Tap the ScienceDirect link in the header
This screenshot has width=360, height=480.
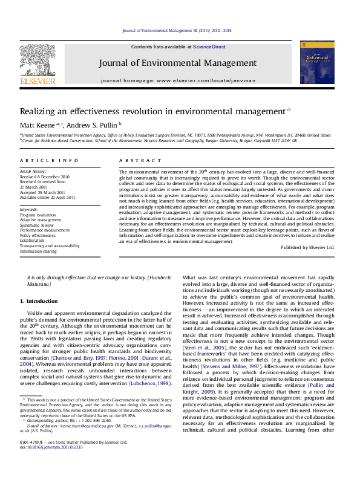209,47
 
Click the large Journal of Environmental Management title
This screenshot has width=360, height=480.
178,63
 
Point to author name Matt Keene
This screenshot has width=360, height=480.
38,125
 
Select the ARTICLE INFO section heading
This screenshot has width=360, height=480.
49,160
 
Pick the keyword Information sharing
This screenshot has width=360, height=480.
39,251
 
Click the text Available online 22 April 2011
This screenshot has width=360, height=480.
48,197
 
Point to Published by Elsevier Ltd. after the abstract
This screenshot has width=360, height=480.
307,247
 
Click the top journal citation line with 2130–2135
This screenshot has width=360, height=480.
177,30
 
